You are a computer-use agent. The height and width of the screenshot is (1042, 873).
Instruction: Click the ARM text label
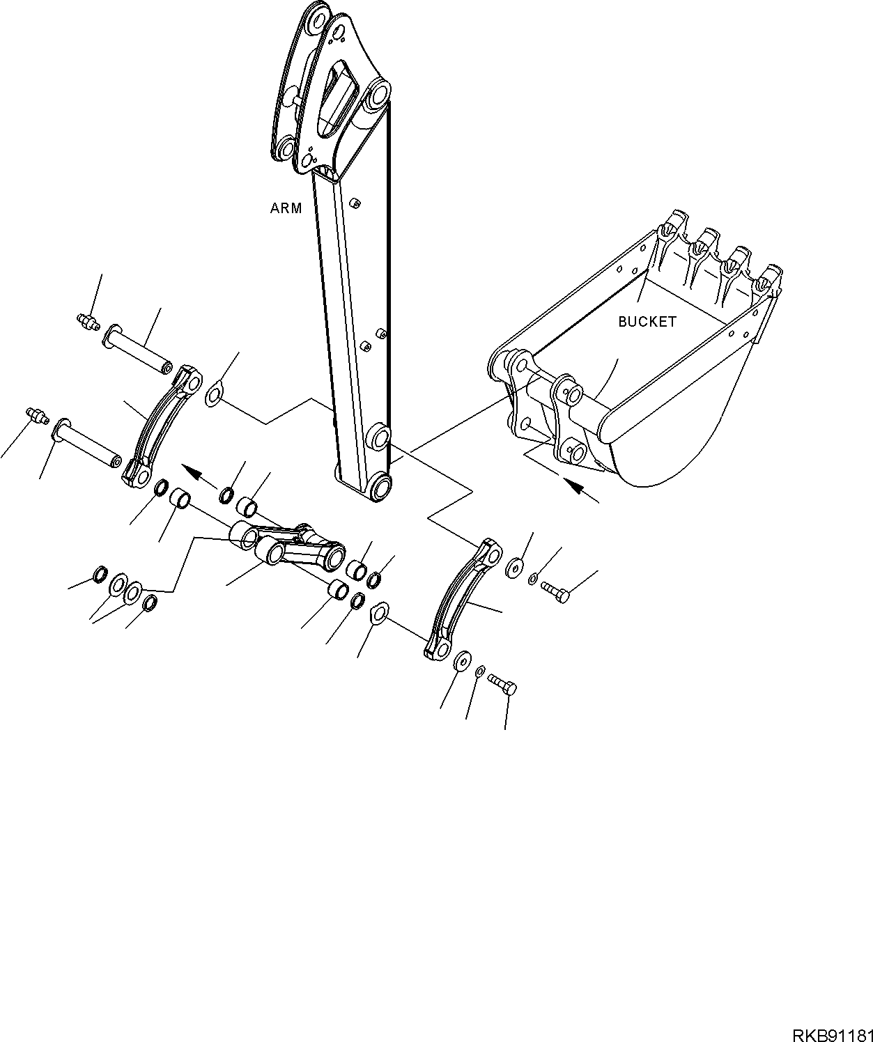[x=286, y=208]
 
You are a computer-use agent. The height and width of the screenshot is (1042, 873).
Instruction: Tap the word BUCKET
[x=647, y=322]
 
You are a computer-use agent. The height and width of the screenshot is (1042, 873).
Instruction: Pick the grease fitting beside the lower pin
[x=37, y=415]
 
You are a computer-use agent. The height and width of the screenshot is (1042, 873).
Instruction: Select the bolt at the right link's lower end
[x=503, y=685]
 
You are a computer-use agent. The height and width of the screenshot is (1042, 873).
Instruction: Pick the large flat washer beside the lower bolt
[x=461, y=661]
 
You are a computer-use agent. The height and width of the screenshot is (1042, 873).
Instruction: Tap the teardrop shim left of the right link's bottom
[x=378, y=612]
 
